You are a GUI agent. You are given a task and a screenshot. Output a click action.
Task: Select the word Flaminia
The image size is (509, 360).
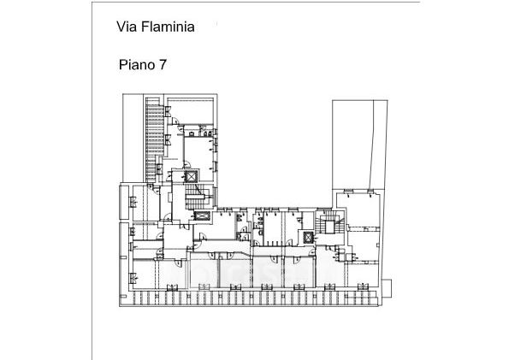[168, 27]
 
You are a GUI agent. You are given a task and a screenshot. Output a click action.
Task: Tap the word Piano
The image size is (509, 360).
[137, 65]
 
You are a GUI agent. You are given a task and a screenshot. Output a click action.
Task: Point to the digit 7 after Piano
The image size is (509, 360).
[163, 65]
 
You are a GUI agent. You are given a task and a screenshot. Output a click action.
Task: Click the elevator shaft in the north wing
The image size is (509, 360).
[192, 177]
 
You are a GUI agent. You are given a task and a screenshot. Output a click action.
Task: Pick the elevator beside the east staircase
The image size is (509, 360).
[308, 238]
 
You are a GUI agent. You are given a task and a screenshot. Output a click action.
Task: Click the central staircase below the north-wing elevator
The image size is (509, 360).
[197, 197]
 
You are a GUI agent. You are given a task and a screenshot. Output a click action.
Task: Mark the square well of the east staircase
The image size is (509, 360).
[329, 227]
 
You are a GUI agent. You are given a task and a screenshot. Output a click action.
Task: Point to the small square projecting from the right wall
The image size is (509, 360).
[387, 288]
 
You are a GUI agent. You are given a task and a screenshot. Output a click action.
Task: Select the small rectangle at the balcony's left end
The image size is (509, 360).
[123, 297]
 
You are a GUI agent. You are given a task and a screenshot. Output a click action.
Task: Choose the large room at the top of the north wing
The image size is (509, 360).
[191, 111]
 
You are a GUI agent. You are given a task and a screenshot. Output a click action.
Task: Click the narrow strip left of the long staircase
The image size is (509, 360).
[133, 138]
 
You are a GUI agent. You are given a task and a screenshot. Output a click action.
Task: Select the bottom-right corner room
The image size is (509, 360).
[363, 274]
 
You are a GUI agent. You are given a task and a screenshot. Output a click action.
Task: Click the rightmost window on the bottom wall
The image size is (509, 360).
[363, 287]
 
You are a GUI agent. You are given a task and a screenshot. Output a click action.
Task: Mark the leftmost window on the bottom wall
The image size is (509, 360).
[172, 287]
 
